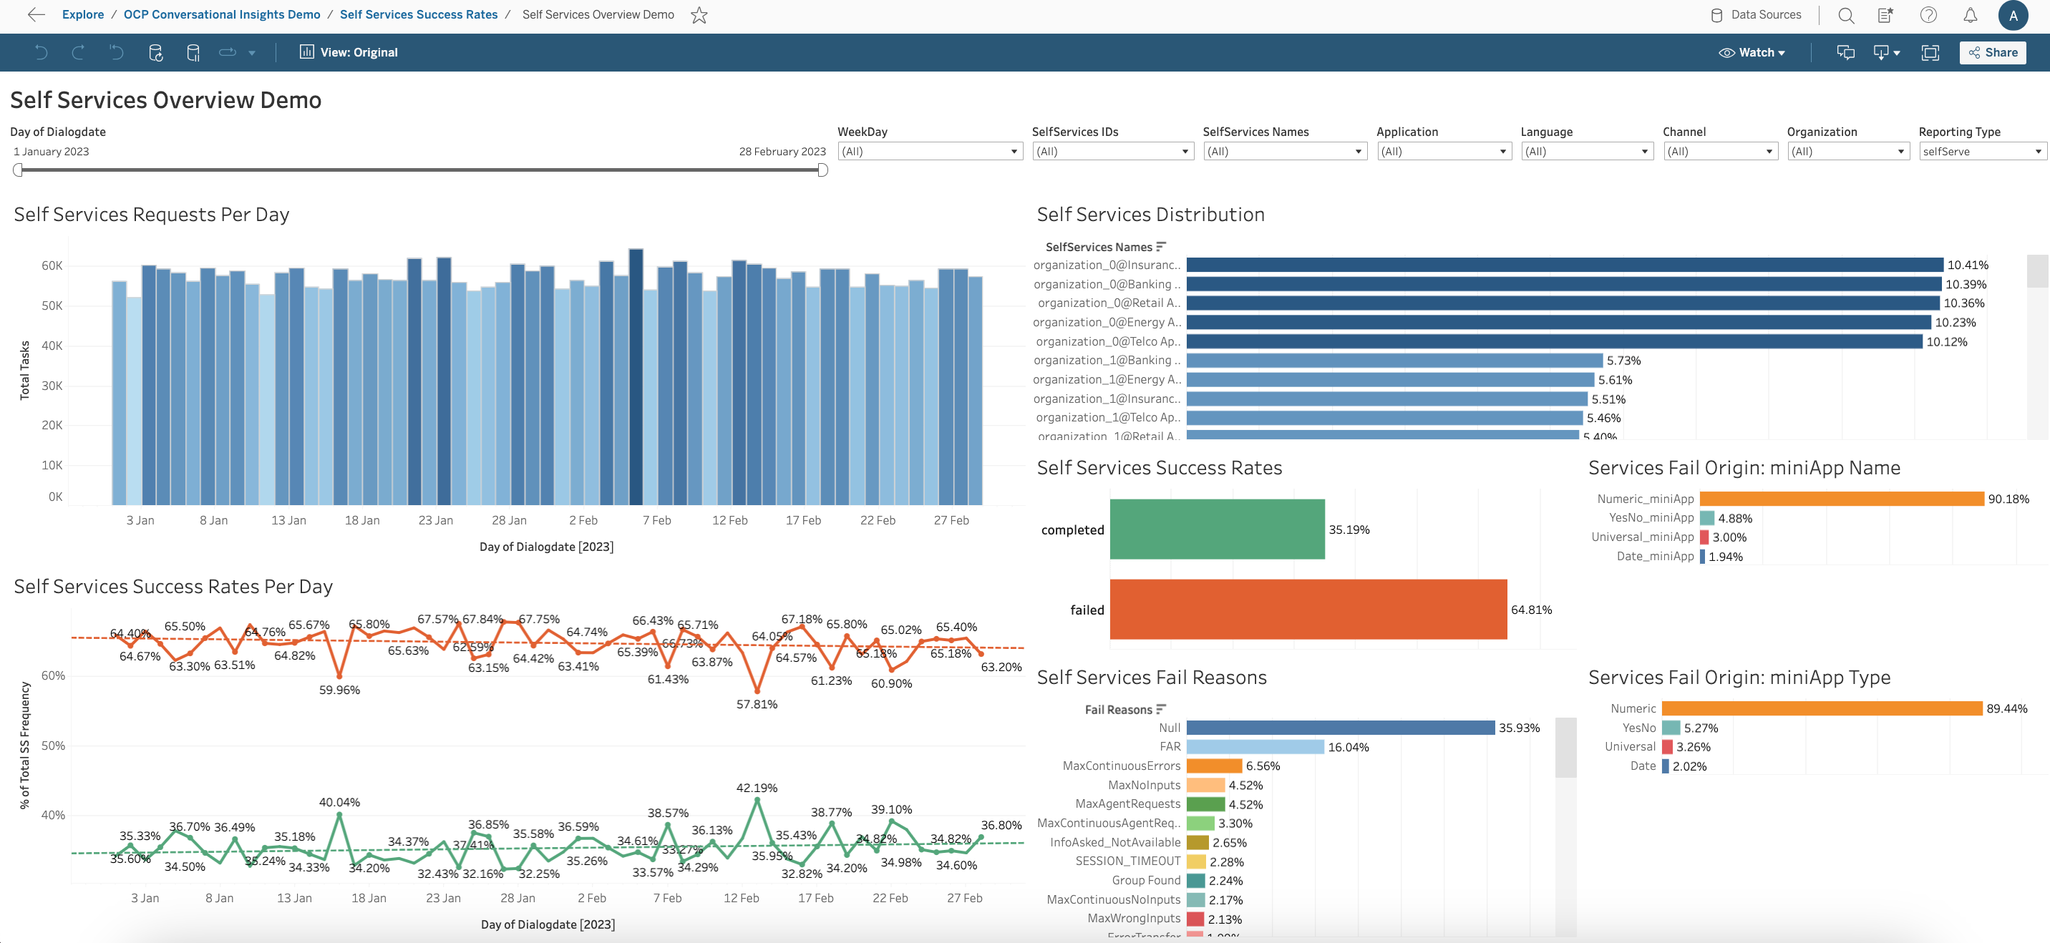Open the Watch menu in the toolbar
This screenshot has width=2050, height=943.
tap(1752, 52)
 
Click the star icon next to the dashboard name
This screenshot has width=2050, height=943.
tap(699, 15)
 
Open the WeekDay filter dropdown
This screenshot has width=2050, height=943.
tap(930, 151)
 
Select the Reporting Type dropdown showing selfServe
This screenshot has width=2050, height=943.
tap(1981, 151)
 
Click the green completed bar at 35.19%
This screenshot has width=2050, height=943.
tap(1217, 529)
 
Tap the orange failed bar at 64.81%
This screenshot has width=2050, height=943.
tap(1308, 610)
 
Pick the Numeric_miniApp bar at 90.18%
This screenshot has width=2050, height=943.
tap(1841, 499)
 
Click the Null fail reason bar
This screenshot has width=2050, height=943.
tap(1340, 728)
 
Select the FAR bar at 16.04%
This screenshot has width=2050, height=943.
tap(1254, 746)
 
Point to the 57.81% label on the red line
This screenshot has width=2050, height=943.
tap(757, 704)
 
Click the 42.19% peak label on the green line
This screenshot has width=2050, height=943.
tap(757, 788)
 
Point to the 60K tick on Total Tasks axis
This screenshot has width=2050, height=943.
tap(52, 265)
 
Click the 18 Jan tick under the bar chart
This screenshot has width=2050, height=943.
tap(362, 520)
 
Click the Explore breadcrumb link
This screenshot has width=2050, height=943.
tap(83, 15)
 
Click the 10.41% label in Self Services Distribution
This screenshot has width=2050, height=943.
tap(1967, 265)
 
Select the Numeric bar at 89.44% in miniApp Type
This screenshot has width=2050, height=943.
tap(1822, 708)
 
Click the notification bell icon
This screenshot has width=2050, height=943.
tap(1970, 15)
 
